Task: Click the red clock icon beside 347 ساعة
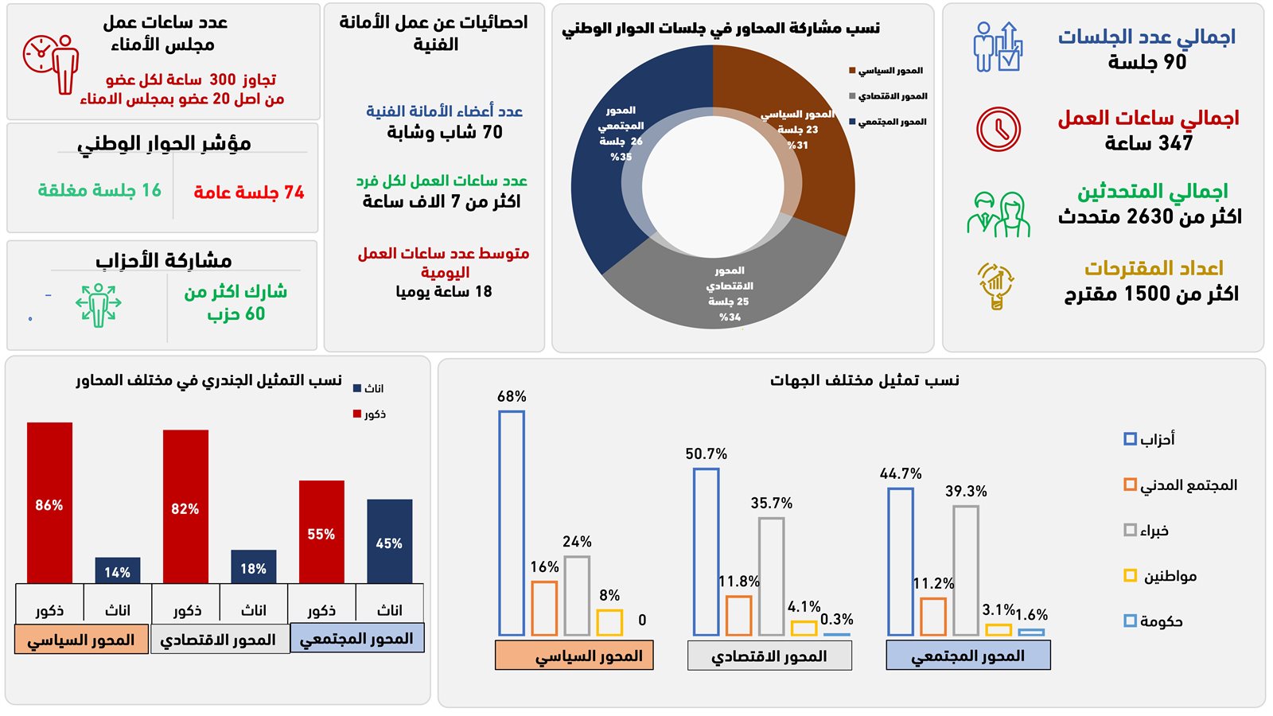[999, 129]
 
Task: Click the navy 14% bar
[117, 570]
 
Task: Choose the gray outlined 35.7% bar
[771, 576]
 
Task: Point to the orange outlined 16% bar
[544, 608]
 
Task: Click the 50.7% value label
[706, 453]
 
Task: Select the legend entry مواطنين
[1161, 576]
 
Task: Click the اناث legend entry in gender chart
[368, 389]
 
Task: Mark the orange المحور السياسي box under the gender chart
[81, 640]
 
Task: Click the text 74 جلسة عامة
[248, 193]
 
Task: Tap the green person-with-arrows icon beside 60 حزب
[98, 304]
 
